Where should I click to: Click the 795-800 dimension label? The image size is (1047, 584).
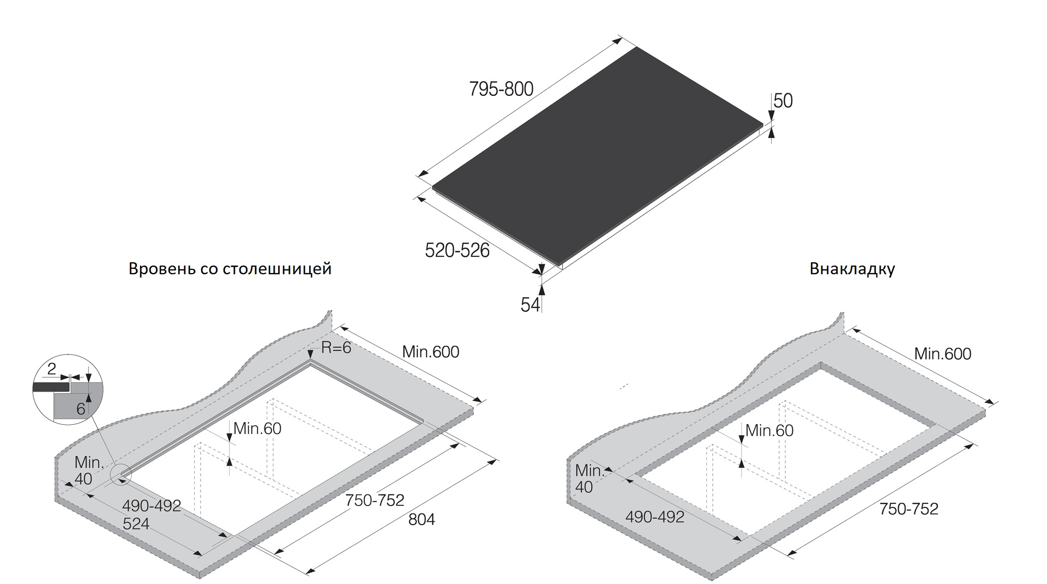501,89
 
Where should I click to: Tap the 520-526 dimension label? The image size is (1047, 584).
457,250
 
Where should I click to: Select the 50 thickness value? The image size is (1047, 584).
783,101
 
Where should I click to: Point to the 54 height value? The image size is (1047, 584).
530,305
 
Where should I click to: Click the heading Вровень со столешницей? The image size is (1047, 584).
230,269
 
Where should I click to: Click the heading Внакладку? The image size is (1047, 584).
852,269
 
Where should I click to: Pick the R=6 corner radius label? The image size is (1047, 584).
336,347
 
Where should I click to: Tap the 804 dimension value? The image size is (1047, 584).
422,520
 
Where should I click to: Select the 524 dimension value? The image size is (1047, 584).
136,523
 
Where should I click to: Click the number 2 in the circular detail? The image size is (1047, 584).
52,369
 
